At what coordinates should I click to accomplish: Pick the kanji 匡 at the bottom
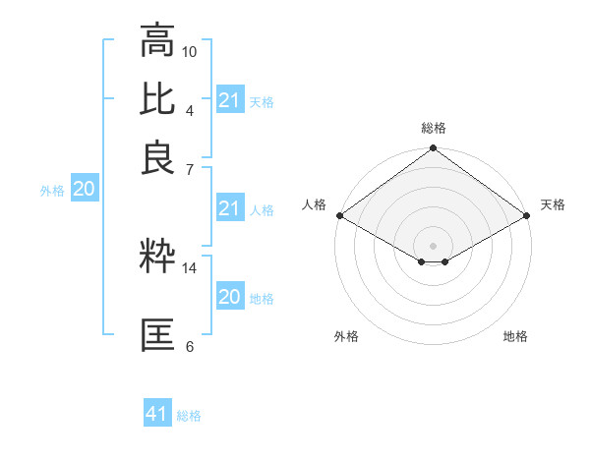tap(157, 334)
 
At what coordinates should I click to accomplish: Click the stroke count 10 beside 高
tap(190, 50)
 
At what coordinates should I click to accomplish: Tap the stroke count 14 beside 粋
tap(190, 267)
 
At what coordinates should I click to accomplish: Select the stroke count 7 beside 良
tap(190, 169)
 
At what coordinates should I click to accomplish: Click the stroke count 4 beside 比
tap(190, 109)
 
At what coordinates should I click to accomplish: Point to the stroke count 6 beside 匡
tap(190, 346)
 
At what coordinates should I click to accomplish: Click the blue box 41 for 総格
tap(157, 414)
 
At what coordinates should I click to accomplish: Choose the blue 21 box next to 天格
tap(230, 100)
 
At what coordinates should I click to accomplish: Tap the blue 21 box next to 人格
tap(230, 208)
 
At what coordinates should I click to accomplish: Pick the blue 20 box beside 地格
tap(230, 297)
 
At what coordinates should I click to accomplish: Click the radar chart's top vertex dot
tap(433, 149)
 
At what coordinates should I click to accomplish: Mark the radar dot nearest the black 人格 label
tap(338, 215)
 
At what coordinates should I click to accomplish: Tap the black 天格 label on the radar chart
tap(553, 204)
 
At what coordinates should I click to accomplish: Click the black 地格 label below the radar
tap(515, 337)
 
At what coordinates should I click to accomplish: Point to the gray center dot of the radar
tap(433, 244)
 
